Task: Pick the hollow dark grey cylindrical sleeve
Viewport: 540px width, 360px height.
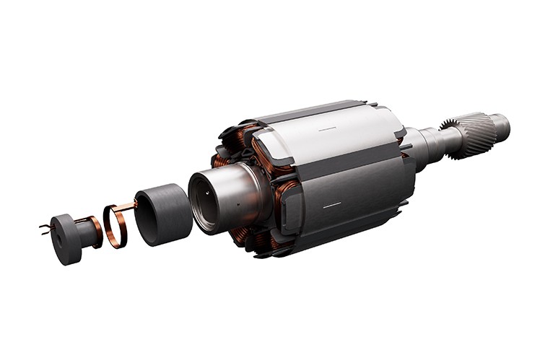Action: point(164,214)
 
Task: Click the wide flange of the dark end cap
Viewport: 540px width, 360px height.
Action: point(64,239)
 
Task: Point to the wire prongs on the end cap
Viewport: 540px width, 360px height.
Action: point(45,228)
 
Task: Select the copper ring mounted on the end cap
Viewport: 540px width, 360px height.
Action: point(95,232)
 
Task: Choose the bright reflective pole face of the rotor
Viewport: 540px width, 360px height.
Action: point(339,141)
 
